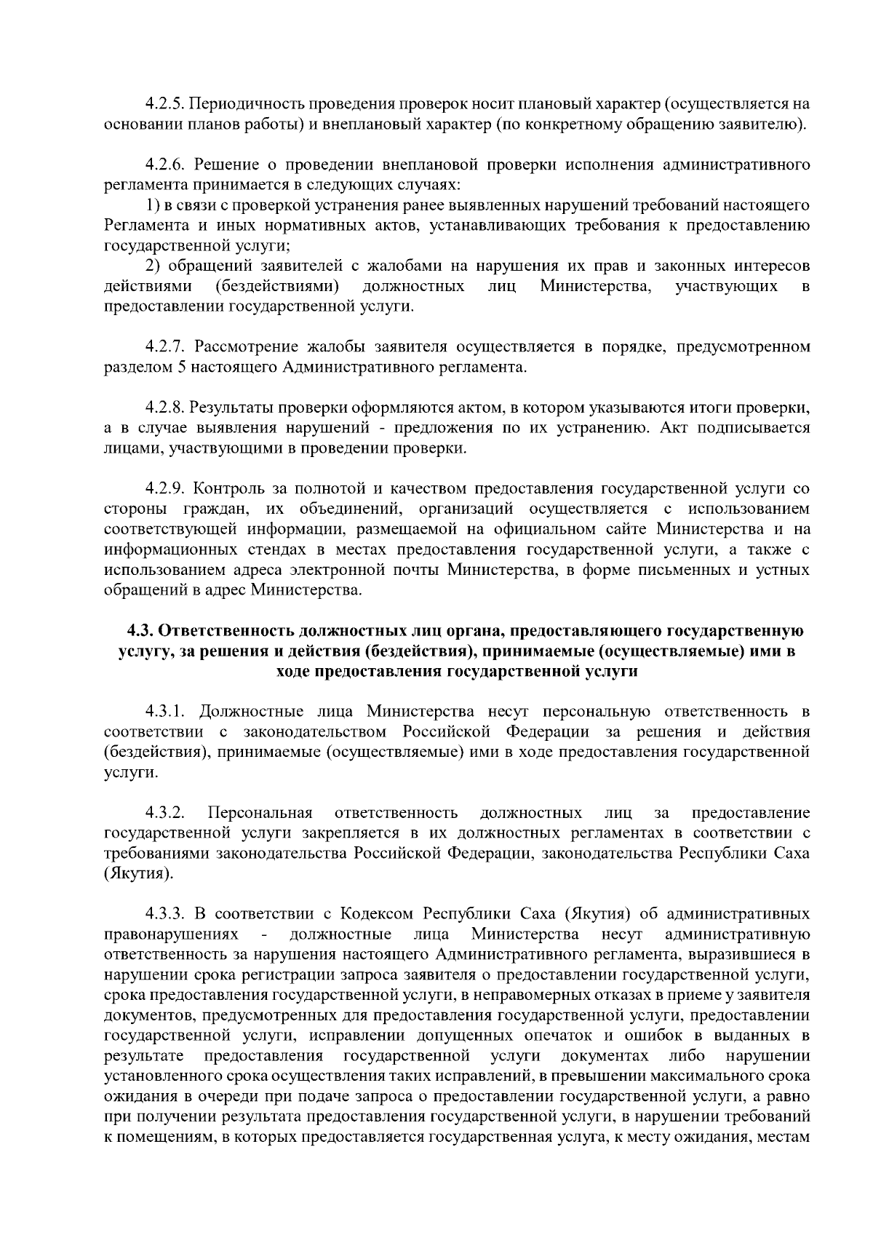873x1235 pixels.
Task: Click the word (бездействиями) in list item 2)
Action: click(x=279, y=286)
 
